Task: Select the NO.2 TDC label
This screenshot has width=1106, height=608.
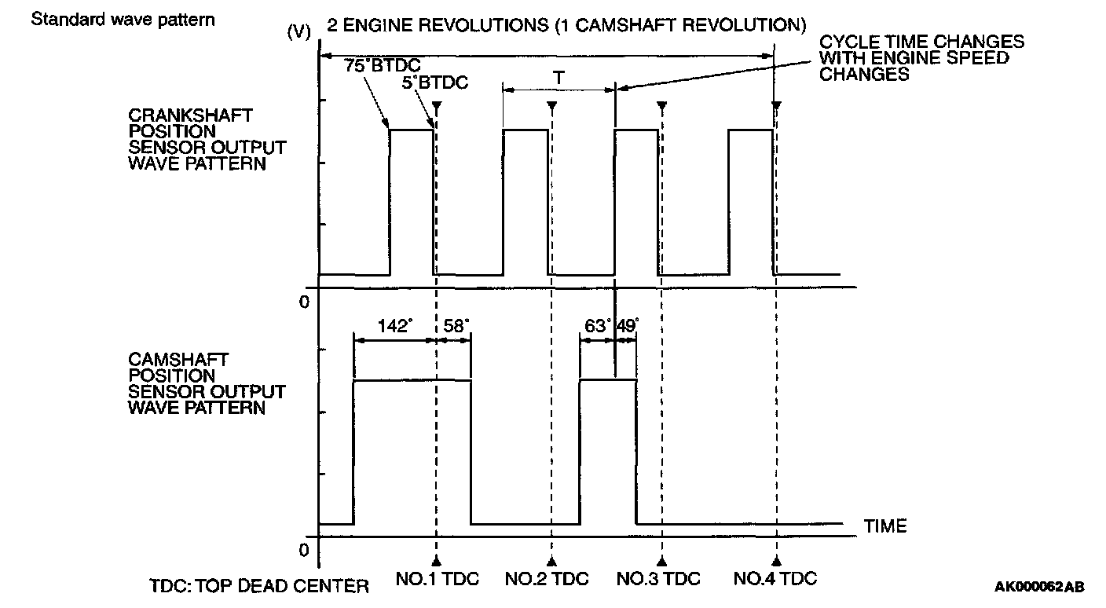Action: click(x=547, y=580)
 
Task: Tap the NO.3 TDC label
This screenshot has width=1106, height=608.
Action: click(x=658, y=580)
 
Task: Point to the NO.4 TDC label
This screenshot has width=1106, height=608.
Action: click(x=775, y=580)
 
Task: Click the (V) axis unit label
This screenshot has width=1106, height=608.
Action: click(x=299, y=32)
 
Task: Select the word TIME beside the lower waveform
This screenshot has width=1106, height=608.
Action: click(x=885, y=526)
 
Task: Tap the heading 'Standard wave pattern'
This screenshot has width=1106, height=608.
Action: click(x=122, y=18)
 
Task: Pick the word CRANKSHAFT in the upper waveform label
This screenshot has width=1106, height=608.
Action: click(x=191, y=115)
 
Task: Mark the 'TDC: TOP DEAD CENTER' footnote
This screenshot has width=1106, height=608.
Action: click(x=258, y=586)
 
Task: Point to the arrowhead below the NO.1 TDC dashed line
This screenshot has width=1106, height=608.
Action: click(x=436, y=560)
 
